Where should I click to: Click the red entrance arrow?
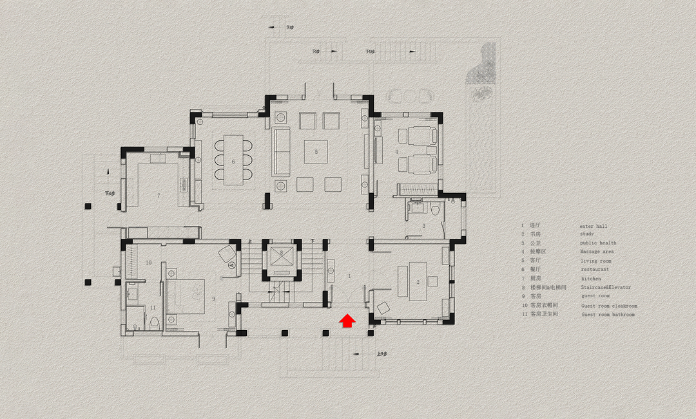347,321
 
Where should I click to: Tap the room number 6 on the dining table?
233,161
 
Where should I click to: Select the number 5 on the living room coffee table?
316,151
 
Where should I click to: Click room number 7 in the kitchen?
158,194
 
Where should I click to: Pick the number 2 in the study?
418,282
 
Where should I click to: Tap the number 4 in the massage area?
397,152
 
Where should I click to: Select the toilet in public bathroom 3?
436,210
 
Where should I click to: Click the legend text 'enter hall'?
594,227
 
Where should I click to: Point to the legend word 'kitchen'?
591,279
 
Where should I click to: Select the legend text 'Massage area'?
597,252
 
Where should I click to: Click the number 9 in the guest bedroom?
213,298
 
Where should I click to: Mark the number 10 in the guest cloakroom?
148,263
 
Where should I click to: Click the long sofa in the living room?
281,151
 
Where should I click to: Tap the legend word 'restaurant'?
594,270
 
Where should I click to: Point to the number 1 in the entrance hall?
349,275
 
